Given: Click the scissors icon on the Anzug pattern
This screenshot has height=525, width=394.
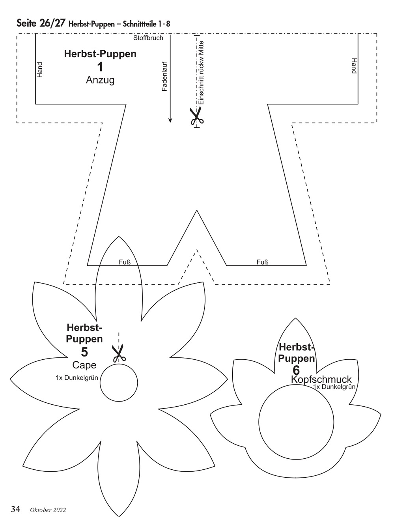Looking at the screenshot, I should pyautogui.click(x=196, y=116).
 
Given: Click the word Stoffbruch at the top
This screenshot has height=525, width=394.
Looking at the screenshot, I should pyautogui.click(x=148, y=38).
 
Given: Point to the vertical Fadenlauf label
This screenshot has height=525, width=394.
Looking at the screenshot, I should pyautogui.click(x=165, y=77).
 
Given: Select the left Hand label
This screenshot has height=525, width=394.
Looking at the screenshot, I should pyautogui.click(x=39, y=70).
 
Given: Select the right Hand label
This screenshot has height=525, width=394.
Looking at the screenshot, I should pyautogui.click(x=354, y=66).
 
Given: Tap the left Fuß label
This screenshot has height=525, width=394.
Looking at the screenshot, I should pyautogui.click(x=125, y=262).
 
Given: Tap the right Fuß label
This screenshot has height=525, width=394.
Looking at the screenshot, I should pyautogui.click(x=262, y=262).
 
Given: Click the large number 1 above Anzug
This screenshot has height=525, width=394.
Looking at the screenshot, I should pyautogui.click(x=100, y=67).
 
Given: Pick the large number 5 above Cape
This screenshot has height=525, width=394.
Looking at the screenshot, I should pyautogui.click(x=84, y=352).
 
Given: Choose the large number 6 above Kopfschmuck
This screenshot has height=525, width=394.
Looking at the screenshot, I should pyautogui.click(x=296, y=370).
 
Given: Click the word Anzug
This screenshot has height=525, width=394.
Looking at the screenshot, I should pyautogui.click(x=100, y=80).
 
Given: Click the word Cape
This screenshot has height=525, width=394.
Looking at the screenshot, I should pyautogui.click(x=84, y=365).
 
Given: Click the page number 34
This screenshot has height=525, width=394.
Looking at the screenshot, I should pyautogui.click(x=16, y=509).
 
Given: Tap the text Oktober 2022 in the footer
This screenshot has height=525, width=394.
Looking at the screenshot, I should pyautogui.click(x=48, y=510).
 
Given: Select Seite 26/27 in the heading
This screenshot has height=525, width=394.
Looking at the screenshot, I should pyautogui.click(x=41, y=23).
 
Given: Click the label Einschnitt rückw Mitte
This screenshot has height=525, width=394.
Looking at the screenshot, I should pyautogui.click(x=201, y=73).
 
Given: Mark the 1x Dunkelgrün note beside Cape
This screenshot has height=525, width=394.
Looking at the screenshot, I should pyautogui.click(x=77, y=377).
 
